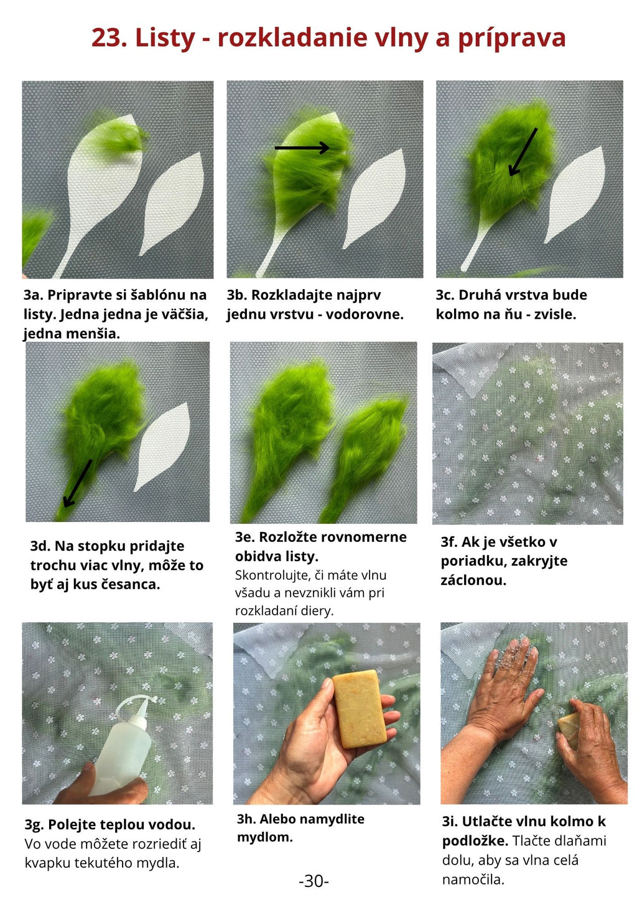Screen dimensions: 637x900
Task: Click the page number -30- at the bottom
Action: pyautogui.click(x=314, y=881)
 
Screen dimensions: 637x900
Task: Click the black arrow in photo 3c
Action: pyautogui.click(x=523, y=152)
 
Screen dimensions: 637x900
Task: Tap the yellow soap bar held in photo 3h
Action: pyautogui.click(x=359, y=709)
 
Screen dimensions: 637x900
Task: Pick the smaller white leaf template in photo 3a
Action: pyautogui.click(x=172, y=203)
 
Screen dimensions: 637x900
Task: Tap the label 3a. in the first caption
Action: pyautogui.click(x=33, y=295)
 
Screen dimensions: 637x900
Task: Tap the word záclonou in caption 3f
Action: pyautogui.click(x=473, y=581)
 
